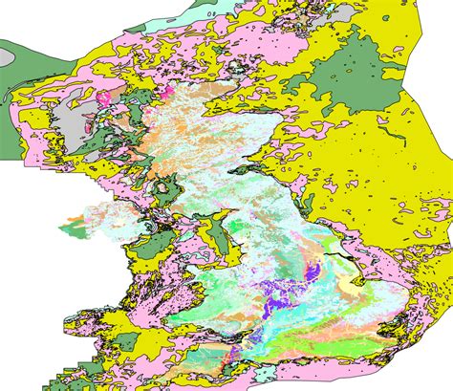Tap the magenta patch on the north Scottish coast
(x=162, y=93)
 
